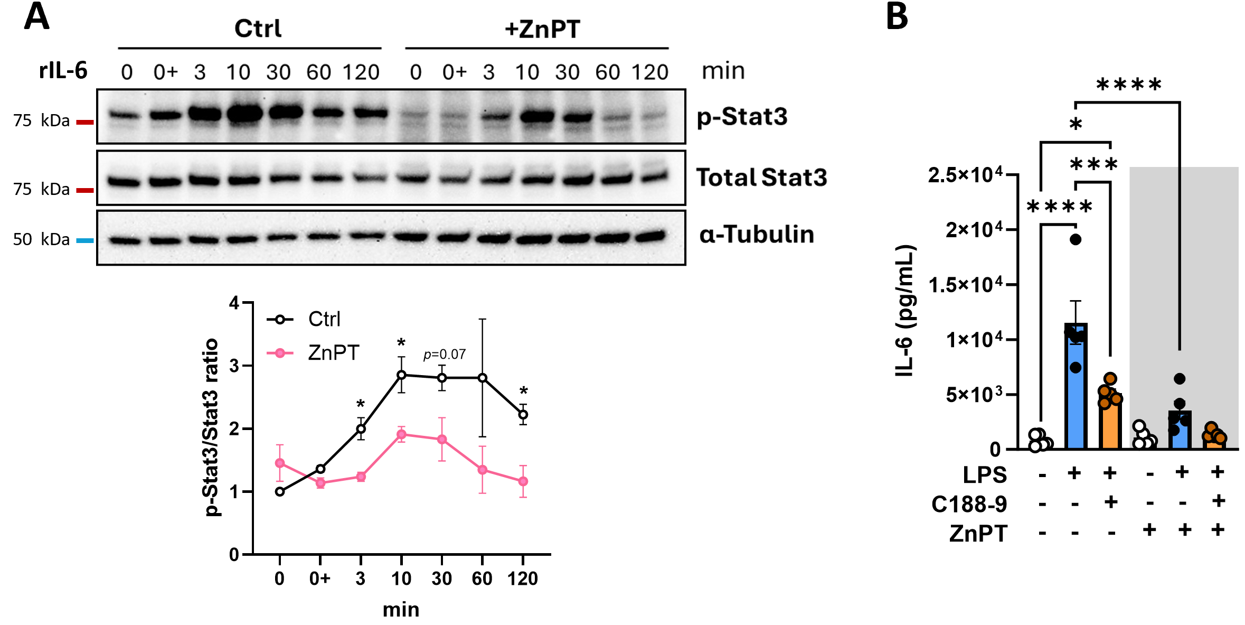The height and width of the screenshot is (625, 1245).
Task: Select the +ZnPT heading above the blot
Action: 542,29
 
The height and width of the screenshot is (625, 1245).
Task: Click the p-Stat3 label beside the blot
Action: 742,117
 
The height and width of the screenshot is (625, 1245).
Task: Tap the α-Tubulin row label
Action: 756,234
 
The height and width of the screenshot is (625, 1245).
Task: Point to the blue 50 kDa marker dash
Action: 84,240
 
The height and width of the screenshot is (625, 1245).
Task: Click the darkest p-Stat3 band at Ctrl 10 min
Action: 245,114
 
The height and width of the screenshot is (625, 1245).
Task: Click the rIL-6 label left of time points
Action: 63,70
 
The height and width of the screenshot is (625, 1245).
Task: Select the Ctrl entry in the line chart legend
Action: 324,319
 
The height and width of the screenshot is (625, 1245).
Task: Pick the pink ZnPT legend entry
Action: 333,353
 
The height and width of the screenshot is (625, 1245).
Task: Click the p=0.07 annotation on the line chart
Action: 444,355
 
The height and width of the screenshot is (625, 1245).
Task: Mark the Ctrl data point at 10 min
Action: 401,375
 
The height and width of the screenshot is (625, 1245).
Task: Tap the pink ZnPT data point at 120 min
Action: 523,481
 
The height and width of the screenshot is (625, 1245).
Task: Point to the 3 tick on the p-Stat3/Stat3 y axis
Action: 234,366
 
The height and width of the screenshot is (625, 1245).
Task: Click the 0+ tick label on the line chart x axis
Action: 320,579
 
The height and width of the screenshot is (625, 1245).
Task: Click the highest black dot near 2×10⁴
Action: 1076,239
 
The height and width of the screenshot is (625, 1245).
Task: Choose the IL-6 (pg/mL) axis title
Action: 905,311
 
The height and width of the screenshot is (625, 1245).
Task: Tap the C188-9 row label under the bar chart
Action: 969,504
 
